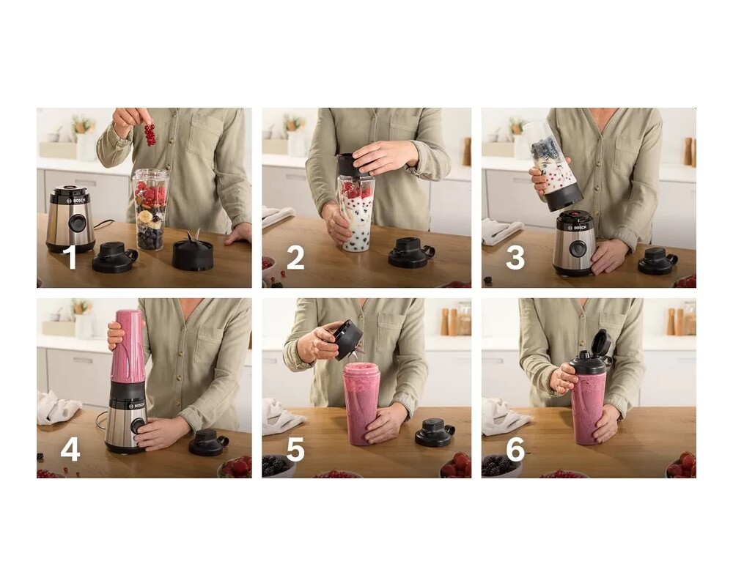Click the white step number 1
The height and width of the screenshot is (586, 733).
70,258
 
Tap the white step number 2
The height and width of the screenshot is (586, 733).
295,258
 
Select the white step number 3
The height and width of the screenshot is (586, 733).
515,258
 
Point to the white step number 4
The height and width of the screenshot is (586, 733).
70,450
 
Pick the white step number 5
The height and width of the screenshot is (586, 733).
295,450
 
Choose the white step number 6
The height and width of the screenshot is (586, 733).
515,450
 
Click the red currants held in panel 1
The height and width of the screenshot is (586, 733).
150,135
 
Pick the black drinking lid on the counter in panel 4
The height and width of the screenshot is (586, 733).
208,442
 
